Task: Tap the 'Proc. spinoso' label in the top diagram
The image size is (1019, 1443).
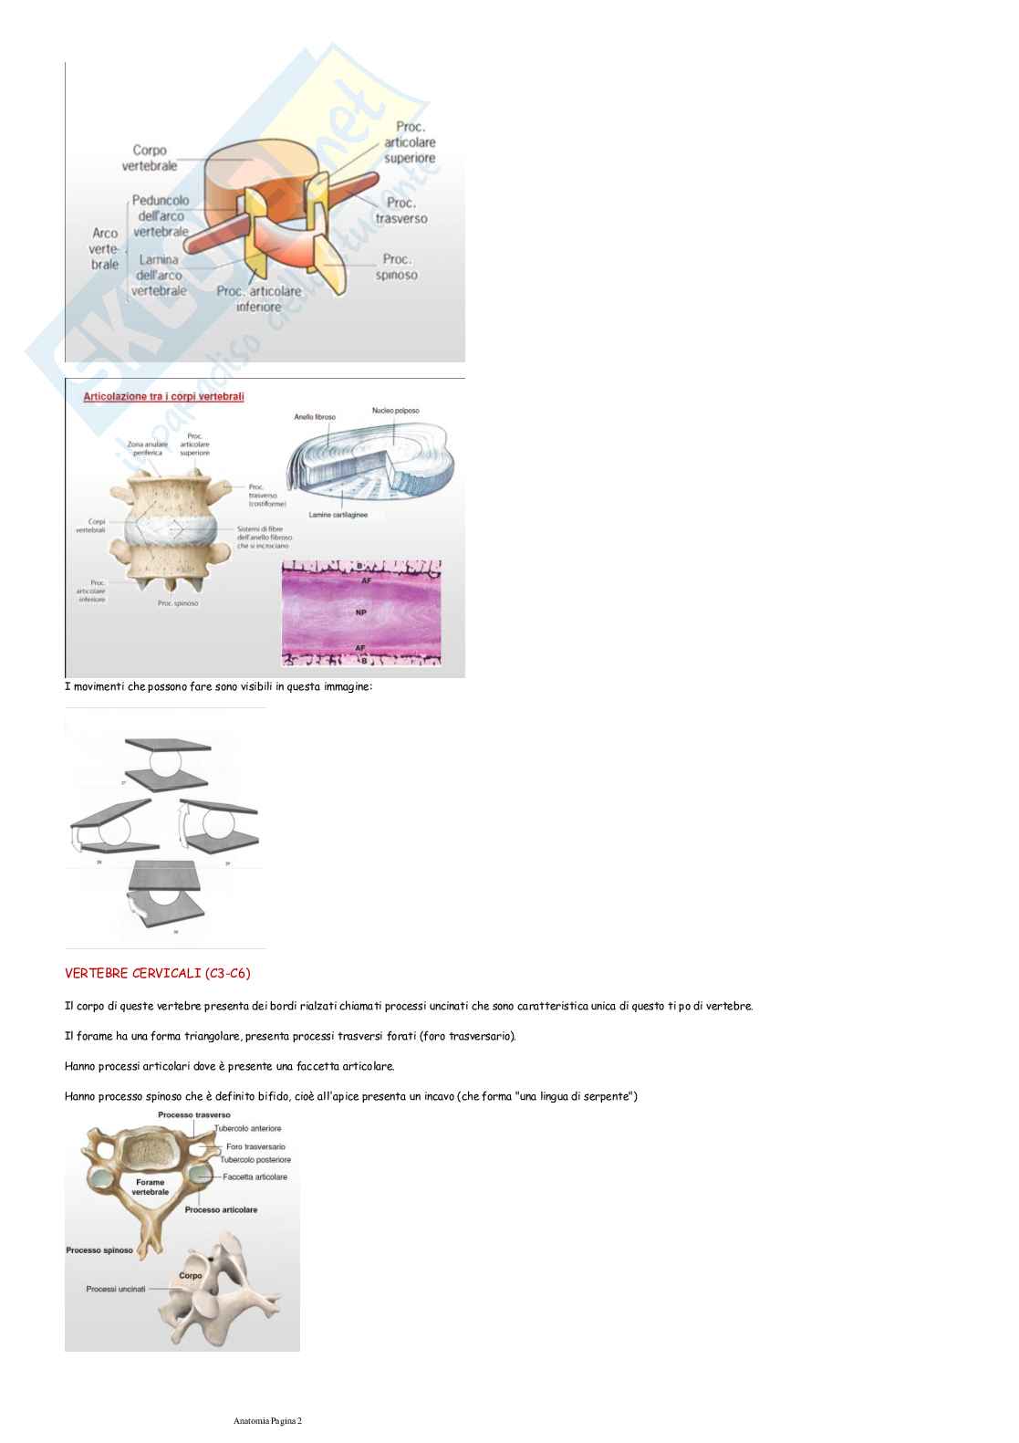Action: (x=397, y=267)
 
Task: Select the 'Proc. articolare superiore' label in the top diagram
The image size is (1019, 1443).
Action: (x=410, y=142)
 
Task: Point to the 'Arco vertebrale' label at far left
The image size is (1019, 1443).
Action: (x=105, y=248)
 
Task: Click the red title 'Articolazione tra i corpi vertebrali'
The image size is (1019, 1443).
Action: (x=163, y=396)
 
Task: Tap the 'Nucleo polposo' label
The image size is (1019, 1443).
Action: (x=395, y=411)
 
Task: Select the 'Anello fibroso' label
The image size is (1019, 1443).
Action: (x=315, y=417)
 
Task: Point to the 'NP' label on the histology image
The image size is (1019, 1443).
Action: (x=361, y=612)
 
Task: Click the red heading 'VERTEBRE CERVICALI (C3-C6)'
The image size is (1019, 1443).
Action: (x=158, y=974)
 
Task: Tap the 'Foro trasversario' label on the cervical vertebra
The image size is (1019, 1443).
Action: (x=255, y=1146)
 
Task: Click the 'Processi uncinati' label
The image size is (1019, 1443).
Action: (x=116, y=1289)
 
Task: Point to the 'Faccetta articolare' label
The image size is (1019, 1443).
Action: (x=255, y=1176)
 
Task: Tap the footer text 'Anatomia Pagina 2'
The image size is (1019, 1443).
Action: (x=267, y=1421)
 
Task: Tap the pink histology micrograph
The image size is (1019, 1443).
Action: (x=361, y=612)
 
